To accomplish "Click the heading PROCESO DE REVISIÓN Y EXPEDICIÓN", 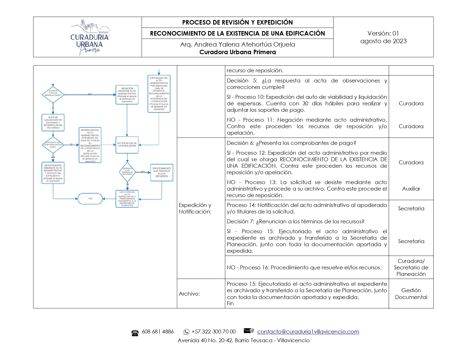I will (x=237, y=22).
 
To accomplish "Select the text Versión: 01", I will (x=383, y=33).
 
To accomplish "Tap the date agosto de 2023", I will (x=383, y=41).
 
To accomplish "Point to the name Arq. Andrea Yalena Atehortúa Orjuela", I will (x=237, y=45).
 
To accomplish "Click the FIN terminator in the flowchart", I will (x=90, y=199).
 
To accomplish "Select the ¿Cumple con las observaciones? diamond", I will (x=53, y=94).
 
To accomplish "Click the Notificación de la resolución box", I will (x=127, y=145).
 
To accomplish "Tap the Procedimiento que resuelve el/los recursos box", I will (x=162, y=172).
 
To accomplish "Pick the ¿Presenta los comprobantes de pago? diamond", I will (x=53, y=145).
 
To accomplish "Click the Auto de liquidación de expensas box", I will (x=53, y=123).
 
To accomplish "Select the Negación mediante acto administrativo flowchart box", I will (x=127, y=95).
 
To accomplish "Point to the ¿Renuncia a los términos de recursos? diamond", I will (x=127, y=172).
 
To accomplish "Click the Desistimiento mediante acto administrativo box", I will (x=53, y=173).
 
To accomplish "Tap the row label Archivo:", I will (x=189, y=294).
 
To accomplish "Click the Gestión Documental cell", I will (x=411, y=294).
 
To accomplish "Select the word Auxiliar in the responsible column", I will (x=411, y=189).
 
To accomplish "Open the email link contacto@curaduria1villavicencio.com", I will (x=308, y=331).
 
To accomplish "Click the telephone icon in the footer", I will (x=135, y=333).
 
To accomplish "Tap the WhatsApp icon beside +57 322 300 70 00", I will (x=186, y=332).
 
